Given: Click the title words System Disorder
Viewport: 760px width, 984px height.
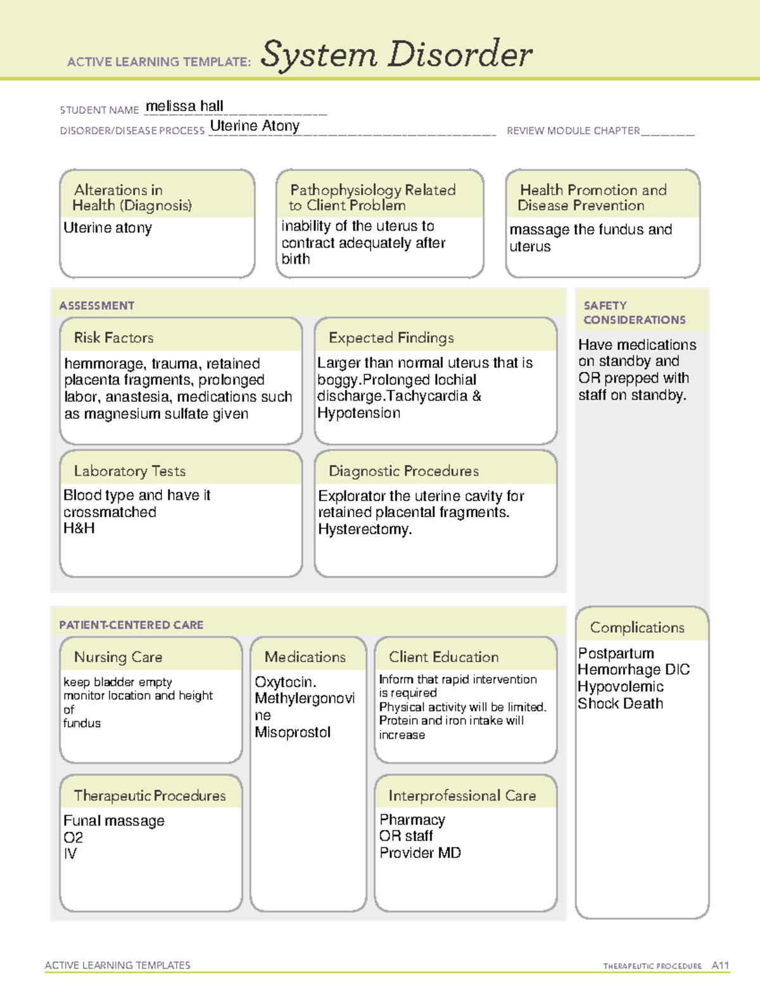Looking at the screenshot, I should (396, 54).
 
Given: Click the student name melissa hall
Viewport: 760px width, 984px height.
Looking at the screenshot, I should (184, 106).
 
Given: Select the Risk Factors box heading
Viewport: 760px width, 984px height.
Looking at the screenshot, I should (113, 338).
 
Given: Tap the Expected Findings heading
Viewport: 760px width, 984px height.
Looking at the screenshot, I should (391, 338).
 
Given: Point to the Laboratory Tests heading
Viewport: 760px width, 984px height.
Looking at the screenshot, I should (129, 471).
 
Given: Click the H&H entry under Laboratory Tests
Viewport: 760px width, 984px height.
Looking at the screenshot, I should (79, 528).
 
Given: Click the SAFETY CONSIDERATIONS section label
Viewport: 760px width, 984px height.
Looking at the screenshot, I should (634, 313).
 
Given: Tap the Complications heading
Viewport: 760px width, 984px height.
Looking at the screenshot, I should (637, 627).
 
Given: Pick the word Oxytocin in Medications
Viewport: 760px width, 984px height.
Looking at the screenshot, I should (285, 682).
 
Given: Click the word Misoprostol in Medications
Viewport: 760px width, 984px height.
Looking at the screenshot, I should (293, 732).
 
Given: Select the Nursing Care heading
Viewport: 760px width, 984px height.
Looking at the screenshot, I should (118, 657).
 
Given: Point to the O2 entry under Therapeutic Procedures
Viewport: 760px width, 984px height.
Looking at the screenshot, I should (73, 838).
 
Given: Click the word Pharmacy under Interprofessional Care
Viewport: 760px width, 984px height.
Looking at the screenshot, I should (412, 820).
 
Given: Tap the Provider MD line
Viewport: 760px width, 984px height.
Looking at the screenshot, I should (420, 853).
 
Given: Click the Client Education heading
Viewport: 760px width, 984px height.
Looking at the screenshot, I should (443, 657).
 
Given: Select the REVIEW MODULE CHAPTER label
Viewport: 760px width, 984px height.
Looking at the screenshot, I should (573, 131).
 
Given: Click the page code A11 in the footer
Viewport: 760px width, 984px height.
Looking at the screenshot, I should (720, 966).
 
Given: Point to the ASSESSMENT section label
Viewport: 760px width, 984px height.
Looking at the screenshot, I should (97, 305).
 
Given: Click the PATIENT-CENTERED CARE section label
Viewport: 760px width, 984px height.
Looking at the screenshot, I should (131, 625).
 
